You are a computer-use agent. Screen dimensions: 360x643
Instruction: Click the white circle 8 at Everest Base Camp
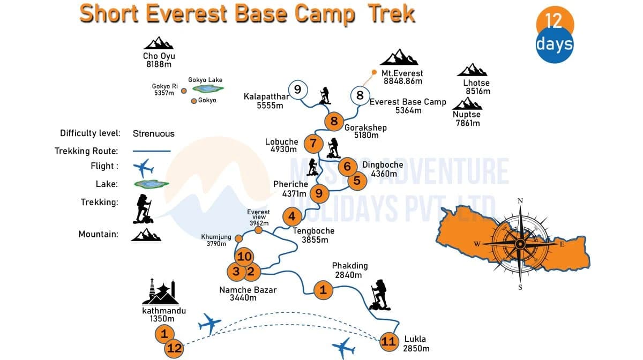[360, 96]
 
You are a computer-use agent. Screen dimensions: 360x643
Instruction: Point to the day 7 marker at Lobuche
[313, 144]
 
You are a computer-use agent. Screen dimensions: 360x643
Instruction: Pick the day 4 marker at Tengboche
[292, 216]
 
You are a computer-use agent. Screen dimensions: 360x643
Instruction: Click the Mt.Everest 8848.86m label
[402, 77]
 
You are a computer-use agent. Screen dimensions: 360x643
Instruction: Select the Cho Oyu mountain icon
[159, 43]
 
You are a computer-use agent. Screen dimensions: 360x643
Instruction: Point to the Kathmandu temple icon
[160, 292]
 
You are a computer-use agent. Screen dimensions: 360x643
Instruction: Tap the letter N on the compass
[520, 201]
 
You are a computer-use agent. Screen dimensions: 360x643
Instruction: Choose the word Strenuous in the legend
[154, 133]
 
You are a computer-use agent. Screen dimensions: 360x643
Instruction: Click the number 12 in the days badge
[554, 21]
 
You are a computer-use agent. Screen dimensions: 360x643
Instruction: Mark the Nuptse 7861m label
[467, 119]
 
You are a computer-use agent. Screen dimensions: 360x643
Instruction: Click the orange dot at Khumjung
[239, 238]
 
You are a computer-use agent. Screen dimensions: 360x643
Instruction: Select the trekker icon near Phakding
[379, 295]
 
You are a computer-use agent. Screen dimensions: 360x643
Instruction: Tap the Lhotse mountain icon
[473, 70]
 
